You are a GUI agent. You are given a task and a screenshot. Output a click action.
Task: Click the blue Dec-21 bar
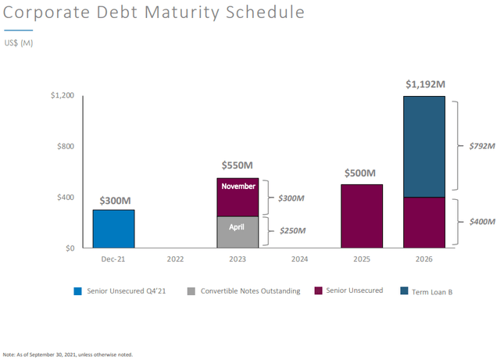(113, 228)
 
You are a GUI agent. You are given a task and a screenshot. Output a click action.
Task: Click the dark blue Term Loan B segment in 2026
(424, 147)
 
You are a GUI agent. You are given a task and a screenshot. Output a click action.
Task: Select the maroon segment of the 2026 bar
(424, 223)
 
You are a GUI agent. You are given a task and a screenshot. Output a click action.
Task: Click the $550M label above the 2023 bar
(237, 166)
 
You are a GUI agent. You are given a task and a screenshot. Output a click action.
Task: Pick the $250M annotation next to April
(291, 231)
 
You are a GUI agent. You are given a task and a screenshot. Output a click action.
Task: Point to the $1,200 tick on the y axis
(63, 95)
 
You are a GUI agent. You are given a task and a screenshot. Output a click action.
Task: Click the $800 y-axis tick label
(66, 146)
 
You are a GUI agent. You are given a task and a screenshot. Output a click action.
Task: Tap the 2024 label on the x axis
(300, 258)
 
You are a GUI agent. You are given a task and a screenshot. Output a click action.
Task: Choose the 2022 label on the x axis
(175, 258)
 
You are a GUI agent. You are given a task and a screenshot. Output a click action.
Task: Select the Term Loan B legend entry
(431, 291)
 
